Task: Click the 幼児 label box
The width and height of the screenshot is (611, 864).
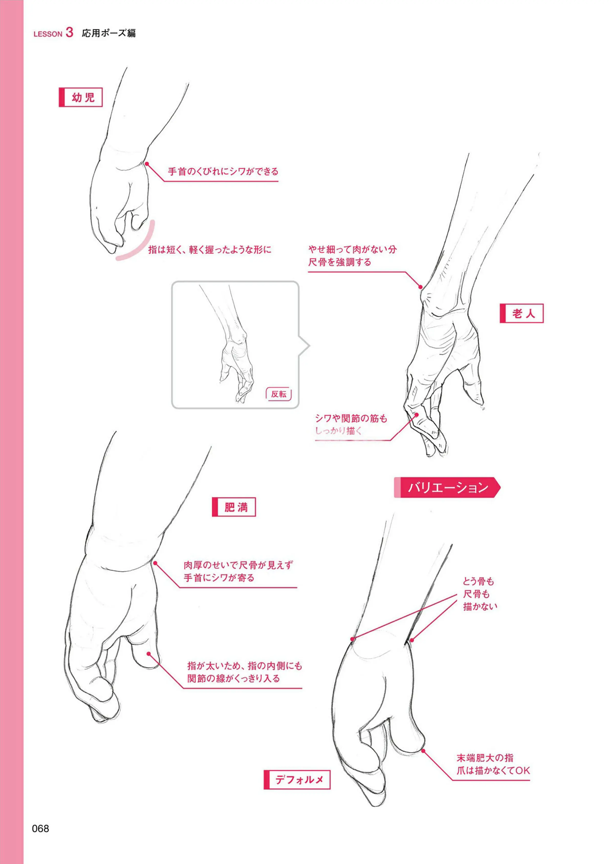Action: [81, 97]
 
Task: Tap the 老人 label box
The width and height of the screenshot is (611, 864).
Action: [521, 313]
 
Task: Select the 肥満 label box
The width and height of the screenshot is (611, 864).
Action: [234, 507]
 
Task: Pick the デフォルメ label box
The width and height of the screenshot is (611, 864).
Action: [297, 780]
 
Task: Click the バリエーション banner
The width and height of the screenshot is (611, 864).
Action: [447, 488]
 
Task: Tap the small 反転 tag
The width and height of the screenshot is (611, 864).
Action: [278, 394]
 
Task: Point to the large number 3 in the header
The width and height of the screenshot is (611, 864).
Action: [69, 32]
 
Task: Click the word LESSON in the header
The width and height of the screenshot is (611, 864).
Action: [48, 34]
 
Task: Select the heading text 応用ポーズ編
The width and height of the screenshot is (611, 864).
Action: [109, 33]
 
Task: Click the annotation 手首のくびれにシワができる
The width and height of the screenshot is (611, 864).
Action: [223, 172]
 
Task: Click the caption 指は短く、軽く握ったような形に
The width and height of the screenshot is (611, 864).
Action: [210, 250]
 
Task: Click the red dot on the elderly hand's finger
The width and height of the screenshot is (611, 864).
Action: [417, 415]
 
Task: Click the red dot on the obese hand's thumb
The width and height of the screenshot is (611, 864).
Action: [149, 654]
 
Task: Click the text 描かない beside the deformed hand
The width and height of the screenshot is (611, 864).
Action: [480, 606]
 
